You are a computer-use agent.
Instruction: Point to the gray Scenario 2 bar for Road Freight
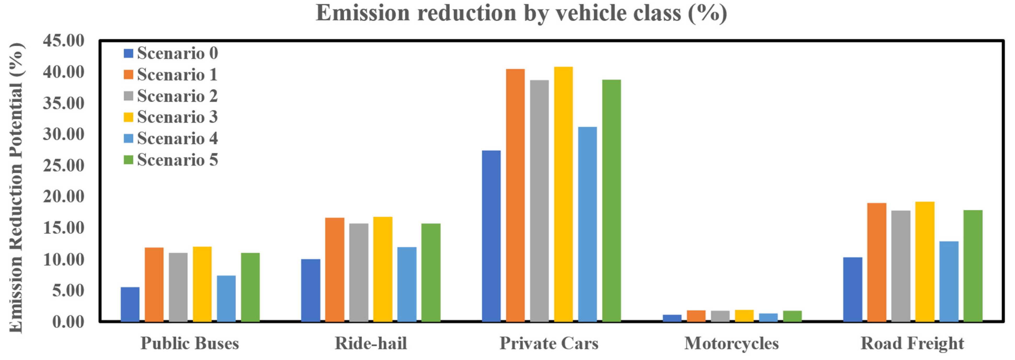(x=901, y=266)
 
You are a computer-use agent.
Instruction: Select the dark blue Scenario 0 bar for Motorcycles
(x=672, y=318)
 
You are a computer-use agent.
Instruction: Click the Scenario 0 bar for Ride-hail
(x=311, y=290)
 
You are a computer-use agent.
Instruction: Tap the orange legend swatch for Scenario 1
(x=128, y=75)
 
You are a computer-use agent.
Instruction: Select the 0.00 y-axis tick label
(x=68, y=322)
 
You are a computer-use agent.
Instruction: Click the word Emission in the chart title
(x=363, y=13)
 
